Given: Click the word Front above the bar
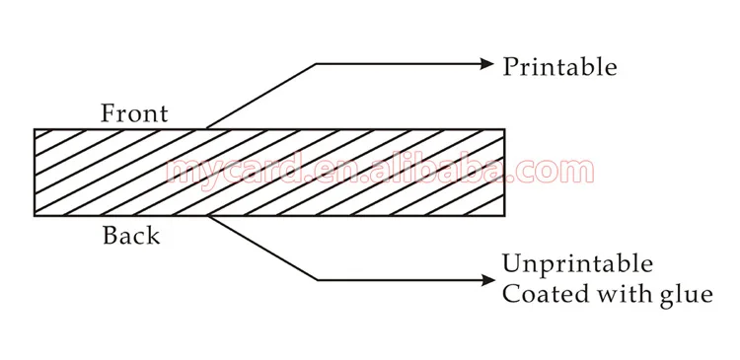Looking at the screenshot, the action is coord(134,113).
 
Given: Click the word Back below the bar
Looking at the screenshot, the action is coord(131,237).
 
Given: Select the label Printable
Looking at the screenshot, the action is coord(559,67).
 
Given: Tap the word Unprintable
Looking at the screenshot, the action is coord(577,264).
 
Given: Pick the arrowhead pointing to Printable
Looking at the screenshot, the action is coord(485,64).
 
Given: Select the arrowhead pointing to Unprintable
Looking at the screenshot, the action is coord(485,279).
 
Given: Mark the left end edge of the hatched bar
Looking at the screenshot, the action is coord(35,173).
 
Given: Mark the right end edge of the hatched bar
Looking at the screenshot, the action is coord(504,173).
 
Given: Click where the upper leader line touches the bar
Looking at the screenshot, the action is coord(205,128).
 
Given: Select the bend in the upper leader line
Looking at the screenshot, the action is coord(317,64).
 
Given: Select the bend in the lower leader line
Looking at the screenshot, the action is coord(317,279).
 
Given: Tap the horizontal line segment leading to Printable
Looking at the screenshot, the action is coord(400,64).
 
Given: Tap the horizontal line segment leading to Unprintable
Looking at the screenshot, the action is coord(400,279).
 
